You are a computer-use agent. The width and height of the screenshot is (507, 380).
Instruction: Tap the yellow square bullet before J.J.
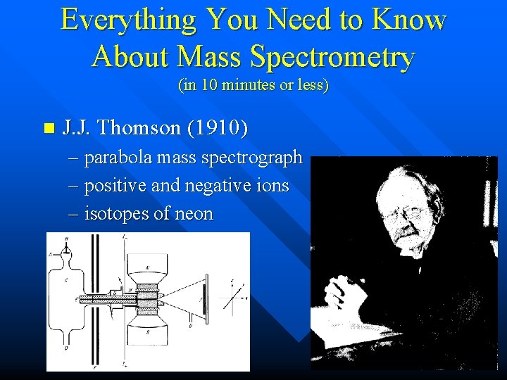48,129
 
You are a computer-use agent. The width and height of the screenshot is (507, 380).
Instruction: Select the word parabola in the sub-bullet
117,158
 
